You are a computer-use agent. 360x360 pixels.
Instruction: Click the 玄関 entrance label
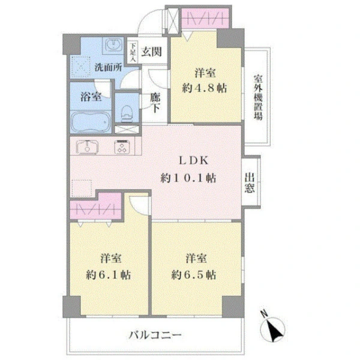[151, 52]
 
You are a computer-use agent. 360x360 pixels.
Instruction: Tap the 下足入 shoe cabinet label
[133, 52]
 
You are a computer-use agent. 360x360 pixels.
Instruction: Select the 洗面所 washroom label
[109, 67]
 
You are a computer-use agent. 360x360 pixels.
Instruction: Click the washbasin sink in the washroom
[113, 44]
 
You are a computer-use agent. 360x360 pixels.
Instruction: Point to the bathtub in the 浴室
[91, 121]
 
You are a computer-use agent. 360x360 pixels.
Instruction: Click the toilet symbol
[125, 113]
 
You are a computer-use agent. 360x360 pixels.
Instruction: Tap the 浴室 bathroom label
[91, 97]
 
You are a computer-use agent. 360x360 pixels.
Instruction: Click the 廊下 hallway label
[155, 103]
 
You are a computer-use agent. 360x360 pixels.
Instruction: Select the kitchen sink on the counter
[87, 147]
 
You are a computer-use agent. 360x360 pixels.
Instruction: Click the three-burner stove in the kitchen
[122, 147]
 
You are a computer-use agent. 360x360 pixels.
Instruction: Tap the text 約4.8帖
[205, 88]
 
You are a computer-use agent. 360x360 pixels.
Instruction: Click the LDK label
[193, 160]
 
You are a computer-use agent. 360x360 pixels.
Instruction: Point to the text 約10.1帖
[188, 178]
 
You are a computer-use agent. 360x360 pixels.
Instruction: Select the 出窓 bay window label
[250, 182]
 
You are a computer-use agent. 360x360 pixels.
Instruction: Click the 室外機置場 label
[258, 97]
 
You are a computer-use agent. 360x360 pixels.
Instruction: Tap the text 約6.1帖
[109, 275]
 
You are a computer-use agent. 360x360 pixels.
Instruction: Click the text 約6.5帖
[194, 275]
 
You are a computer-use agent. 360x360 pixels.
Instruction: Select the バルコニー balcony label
[155, 335]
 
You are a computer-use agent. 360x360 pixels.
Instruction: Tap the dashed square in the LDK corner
[82, 188]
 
